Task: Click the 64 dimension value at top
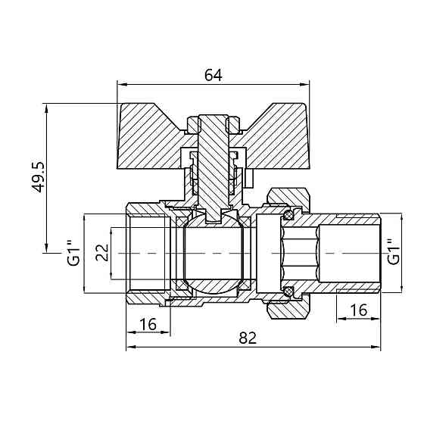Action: [x=214, y=75]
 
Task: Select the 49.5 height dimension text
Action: [x=38, y=177]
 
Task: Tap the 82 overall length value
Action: [x=248, y=338]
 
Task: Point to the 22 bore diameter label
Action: [x=102, y=252]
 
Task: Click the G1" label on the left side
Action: [x=73, y=253]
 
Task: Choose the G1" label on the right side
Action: [x=393, y=252]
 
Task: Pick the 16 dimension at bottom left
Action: [x=148, y=324]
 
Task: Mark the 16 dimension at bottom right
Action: [x=359, y=310]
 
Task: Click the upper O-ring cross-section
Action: [x=288, y=216]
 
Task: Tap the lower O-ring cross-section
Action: [x=288, y=291]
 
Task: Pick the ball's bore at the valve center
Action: [x=214, y=254]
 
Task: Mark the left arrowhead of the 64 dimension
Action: [x=122, y=84]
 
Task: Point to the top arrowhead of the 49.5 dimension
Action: [x=46, y=109]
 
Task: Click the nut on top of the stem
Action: [x=214, y=124]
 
